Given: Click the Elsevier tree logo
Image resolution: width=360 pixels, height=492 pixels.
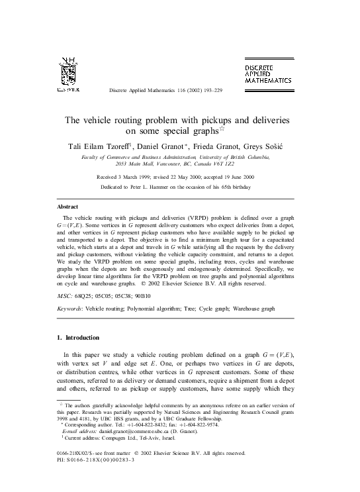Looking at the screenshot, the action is [69, 75].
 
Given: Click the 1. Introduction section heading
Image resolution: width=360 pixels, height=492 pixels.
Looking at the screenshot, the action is [79, 338].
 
